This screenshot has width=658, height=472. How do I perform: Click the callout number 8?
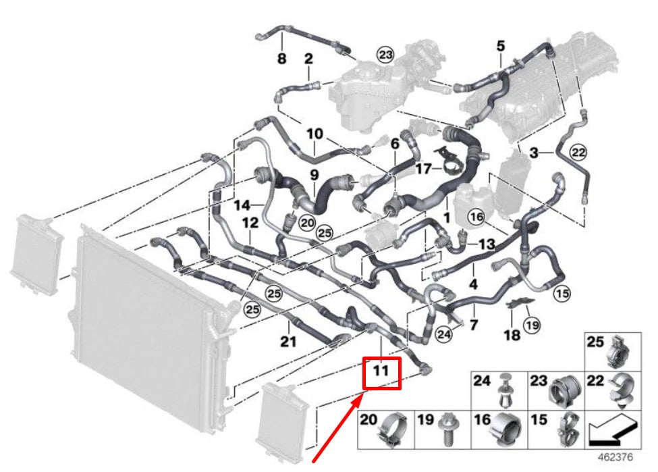pos(282,59)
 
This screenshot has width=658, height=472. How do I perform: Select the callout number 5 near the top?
pos(500,46)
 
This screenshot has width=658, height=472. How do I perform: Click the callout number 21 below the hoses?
pos(288,342)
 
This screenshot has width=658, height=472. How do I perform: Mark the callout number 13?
pos(487,243)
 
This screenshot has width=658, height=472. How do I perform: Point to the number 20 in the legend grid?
pos(368,420)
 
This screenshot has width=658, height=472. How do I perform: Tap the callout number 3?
pos(534,155)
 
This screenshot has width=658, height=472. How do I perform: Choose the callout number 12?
pos(250,222)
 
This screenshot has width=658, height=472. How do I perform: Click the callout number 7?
pos(474,325)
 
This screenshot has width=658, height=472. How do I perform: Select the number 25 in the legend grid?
pos(595,342)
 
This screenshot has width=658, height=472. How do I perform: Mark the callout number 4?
pos(473,284)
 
